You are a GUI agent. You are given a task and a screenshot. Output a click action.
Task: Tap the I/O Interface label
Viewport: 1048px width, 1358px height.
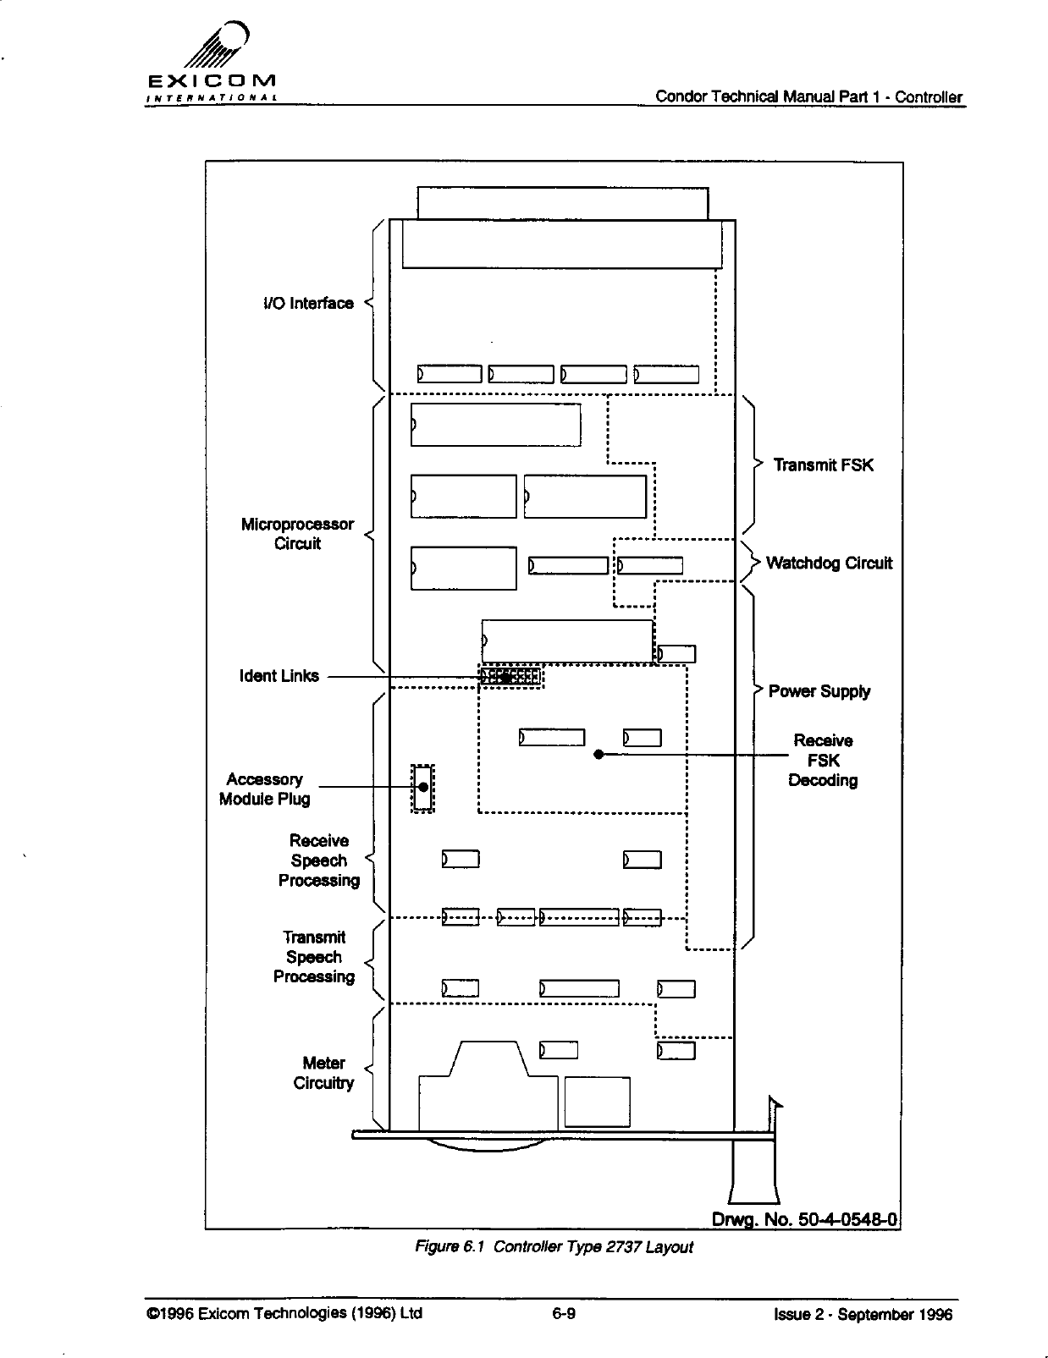pos(308,304)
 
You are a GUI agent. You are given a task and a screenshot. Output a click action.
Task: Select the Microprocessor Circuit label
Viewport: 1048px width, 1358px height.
pos(297,534)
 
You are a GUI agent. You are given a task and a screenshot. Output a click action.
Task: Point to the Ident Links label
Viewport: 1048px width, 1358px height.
pos(279,676)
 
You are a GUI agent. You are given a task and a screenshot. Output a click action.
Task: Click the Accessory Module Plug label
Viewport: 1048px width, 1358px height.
pos(264,789)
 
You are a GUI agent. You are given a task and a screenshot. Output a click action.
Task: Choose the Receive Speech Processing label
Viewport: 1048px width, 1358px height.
pos(319,860)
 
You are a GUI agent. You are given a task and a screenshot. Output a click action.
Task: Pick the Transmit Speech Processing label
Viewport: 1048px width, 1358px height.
pos(314,957)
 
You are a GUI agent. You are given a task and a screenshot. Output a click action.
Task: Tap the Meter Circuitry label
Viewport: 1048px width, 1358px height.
pos(323,1073)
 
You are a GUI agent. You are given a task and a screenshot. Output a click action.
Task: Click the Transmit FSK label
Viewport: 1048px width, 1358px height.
pos(823,465)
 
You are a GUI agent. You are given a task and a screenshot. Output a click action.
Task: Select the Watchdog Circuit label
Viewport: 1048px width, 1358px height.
pos(829,564)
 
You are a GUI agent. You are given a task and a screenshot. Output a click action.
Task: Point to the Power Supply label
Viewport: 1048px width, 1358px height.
pos(819,691)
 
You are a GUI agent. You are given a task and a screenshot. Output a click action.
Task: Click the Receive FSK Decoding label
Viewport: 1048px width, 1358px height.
pos(823,760)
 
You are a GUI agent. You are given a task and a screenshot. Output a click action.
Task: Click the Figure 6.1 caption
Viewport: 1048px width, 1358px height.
pos(553,1247)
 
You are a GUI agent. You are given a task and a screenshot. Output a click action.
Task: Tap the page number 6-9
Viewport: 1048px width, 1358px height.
pos(564,1314)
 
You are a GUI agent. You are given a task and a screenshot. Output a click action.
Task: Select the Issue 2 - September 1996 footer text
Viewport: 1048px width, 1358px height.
pos(863,1314)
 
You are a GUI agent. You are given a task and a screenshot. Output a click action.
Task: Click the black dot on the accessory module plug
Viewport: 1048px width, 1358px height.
pos(422,787)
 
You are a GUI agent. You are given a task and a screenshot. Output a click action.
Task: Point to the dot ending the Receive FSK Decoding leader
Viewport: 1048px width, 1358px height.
pos(598,755)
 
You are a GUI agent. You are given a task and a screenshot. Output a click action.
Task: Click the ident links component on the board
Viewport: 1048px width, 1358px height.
pos(510,676)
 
